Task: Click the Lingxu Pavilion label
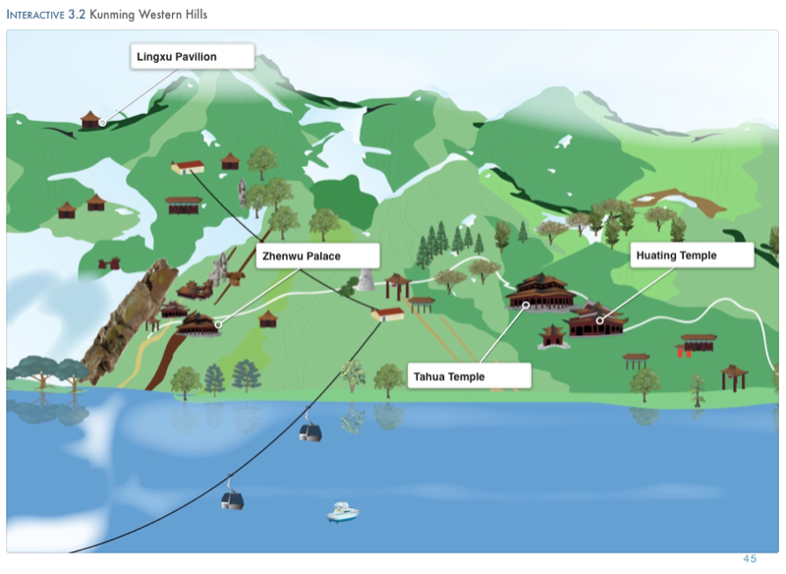click(x=192, y=57)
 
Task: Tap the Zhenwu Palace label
click(x=316, y=257)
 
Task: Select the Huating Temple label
click(x=691, y=256)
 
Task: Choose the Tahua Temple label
click(x=469, y=375)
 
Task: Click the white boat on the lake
click(x=342, y=511)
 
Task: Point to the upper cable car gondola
click(x=310, y=430)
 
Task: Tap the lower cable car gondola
click(x=232, y=498)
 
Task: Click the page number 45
click(x=750, y=559)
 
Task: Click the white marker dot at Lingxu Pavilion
click(x=102, y=123)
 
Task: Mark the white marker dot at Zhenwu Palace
click(x=218, y=324)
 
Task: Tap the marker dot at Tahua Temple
click(x=526, y=306)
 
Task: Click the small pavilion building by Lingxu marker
click(x=90, y=120)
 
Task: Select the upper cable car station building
click(x=188, y=167)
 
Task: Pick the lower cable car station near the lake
click(x=387, y=314)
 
